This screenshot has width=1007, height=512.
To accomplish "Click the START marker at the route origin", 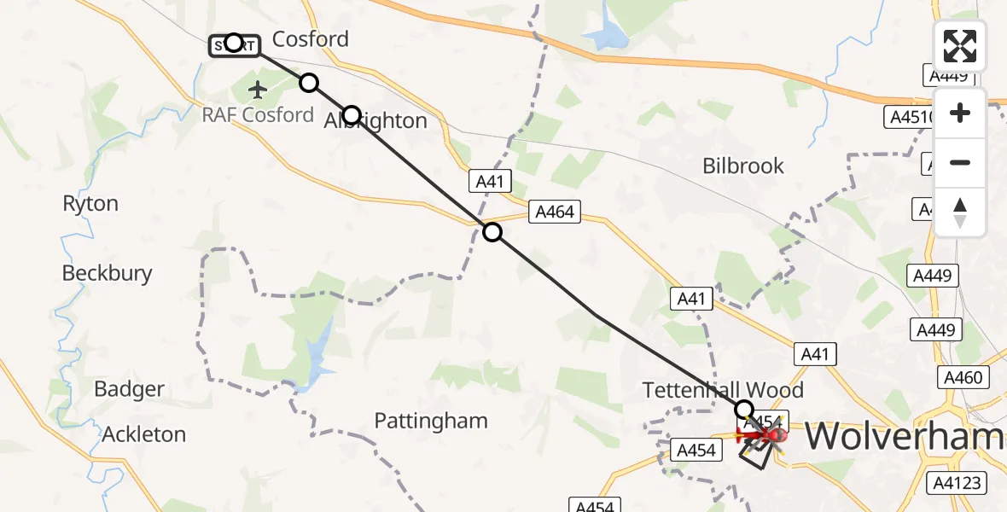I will [233, 44].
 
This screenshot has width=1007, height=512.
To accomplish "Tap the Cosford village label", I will [311, 39].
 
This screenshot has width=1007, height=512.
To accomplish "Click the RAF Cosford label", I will [258, 114].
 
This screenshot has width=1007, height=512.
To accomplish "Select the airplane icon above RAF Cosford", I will [258, 88].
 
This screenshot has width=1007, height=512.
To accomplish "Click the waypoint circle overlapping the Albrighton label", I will [351, 114].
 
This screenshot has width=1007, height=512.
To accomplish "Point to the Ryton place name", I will [90, 204].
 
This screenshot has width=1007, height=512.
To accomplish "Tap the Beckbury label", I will [108, 273].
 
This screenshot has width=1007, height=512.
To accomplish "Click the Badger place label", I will [129, 390].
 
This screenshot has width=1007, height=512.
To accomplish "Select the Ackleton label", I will [144, 434].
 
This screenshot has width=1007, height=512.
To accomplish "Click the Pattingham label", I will [431, 421].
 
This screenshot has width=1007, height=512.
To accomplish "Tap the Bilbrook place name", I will [743, 166].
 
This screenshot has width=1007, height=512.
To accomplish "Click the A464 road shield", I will [554, 212].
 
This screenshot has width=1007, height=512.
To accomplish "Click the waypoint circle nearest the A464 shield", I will [492, 231].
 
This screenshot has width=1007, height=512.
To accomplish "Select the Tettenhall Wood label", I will [723, 391].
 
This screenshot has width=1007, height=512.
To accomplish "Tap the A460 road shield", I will [963, 377].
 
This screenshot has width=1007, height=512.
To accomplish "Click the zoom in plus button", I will [960, 113].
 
